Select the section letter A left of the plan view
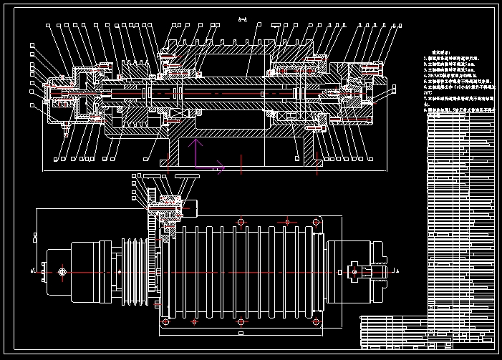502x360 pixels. [x=33, y=271]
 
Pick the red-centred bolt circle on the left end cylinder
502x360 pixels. [x=63, y=272]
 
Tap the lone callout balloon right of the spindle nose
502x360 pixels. [x=392, y=90]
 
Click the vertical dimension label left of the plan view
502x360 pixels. [x=34, y=235]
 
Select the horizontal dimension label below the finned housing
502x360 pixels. [x=240, y=333]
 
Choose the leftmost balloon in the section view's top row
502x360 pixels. [x=49, y=25]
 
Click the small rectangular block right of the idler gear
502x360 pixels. [x=191, y=208]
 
